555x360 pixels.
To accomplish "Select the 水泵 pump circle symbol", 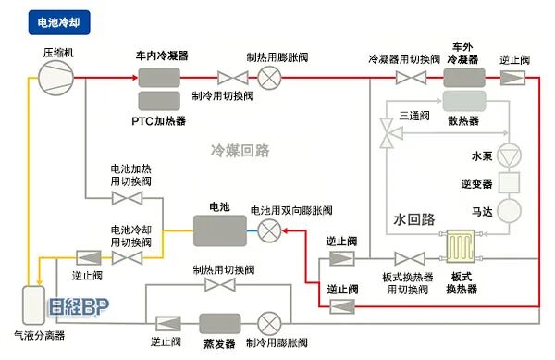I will (511, 152).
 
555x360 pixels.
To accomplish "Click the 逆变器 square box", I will (511, 181).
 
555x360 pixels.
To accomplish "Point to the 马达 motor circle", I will (511, 212).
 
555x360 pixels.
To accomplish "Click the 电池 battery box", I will (220, 230).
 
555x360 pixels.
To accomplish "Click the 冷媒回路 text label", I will (239, 150).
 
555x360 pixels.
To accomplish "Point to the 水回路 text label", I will (413, 219).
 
